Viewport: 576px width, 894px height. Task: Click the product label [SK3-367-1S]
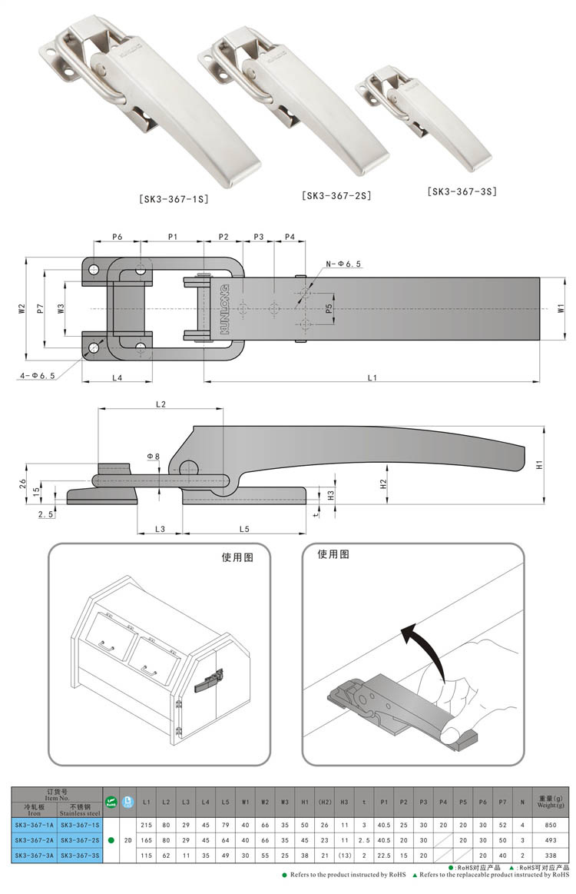click(174, 199)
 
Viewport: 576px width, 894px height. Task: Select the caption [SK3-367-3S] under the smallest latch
click(462, 191)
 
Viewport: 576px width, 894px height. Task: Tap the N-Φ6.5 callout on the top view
click(343, 264)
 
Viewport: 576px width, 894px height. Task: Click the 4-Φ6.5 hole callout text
click(35, 376)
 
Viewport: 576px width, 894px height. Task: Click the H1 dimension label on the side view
click(540, 465)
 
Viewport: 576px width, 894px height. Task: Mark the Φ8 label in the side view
click(154, 456)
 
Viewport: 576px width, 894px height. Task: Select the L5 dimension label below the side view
click(244, 529)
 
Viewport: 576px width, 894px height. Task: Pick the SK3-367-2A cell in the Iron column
click(34, 839)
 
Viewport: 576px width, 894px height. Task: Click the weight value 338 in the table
click(548, 854)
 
